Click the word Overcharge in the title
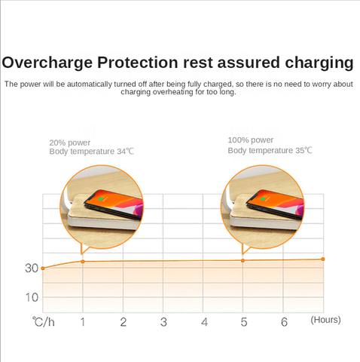point(47,63)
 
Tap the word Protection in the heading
point(138,63)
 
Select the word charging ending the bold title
point(319,63)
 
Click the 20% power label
point(70,143)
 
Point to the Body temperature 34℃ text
point(92,152)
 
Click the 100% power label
point(250,140)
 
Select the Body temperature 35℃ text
point(270,150)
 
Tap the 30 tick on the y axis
point(32,268)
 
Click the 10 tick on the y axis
point(32,298)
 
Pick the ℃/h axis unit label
point(43,322)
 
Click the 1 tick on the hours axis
point(83,322)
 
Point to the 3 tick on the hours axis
point(163,322)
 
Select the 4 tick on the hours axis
point(204,322)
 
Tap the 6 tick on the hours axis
point(284,322)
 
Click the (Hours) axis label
point(325,320)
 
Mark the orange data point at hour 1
point(83,262)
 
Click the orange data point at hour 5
point(243,261)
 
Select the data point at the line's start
point(43,268)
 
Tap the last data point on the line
point(323,259)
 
